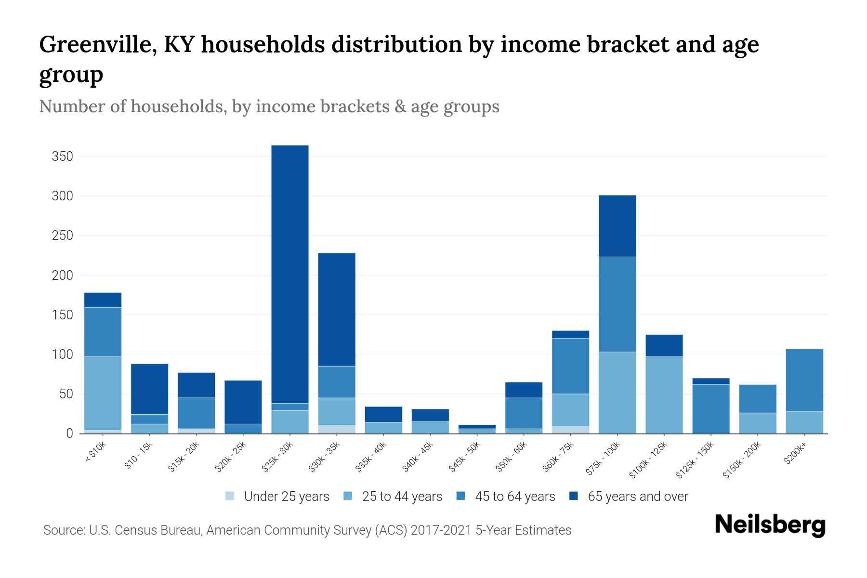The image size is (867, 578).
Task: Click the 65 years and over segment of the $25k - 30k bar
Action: tap(290, 274)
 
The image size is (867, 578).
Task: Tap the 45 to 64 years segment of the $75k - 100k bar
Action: tap(617, 304)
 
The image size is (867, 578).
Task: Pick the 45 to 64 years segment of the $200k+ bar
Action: tap(804, 380)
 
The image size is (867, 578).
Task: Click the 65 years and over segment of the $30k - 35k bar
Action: tap(337, 309)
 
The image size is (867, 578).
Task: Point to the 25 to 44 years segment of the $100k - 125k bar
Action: tap(664, 395)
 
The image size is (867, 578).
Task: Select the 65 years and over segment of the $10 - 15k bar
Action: tap(149, 389)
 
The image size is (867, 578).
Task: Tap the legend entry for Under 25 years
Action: tap(277, 497)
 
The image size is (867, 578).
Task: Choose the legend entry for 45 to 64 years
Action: tap(506, 497)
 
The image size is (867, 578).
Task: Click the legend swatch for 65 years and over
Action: tap(574, 496)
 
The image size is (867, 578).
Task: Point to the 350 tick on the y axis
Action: tap(63, 157)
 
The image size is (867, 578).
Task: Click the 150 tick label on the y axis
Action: tap(63, 315)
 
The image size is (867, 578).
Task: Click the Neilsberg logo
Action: tap(770, 525)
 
